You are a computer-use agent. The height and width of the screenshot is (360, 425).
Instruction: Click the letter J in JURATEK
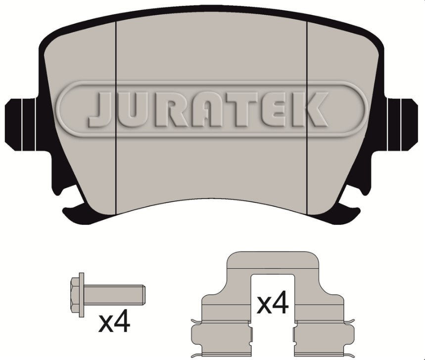pos(101,109)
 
